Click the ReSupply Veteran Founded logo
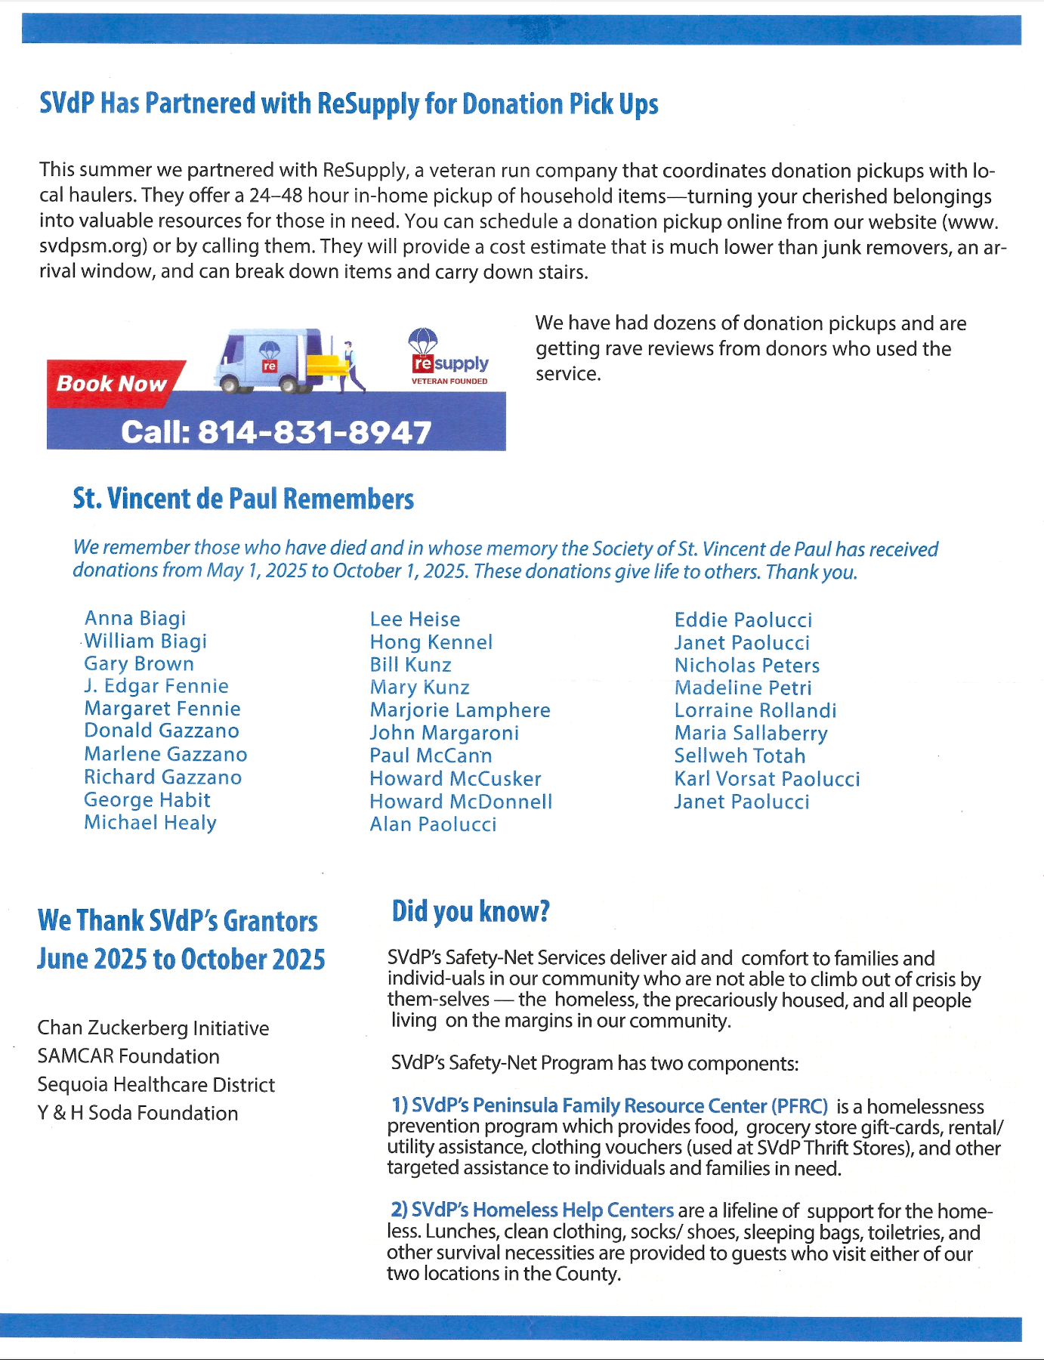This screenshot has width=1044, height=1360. [x=449, y=359]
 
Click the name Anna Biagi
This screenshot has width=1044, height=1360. [x=135, y=619]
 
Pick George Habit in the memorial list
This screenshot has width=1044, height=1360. [x=147, y=800]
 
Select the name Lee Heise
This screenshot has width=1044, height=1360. [x=415, y=620]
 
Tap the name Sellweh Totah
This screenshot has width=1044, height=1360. [x=740, y=756]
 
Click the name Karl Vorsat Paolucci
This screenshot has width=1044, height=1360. [x=767, y=779]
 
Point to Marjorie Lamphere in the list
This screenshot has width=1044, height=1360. [x=460, y=710]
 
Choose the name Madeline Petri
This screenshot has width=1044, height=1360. [x=743, y=688]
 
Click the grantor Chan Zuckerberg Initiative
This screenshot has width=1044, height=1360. [x=153, y=1028]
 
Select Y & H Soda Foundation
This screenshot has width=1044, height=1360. [x=137, y=1113]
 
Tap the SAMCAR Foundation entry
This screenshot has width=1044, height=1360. [x=128, y=1056]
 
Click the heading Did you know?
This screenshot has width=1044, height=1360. [x=470, y=912]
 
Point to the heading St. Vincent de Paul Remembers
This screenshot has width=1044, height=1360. [x=243, y=499]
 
